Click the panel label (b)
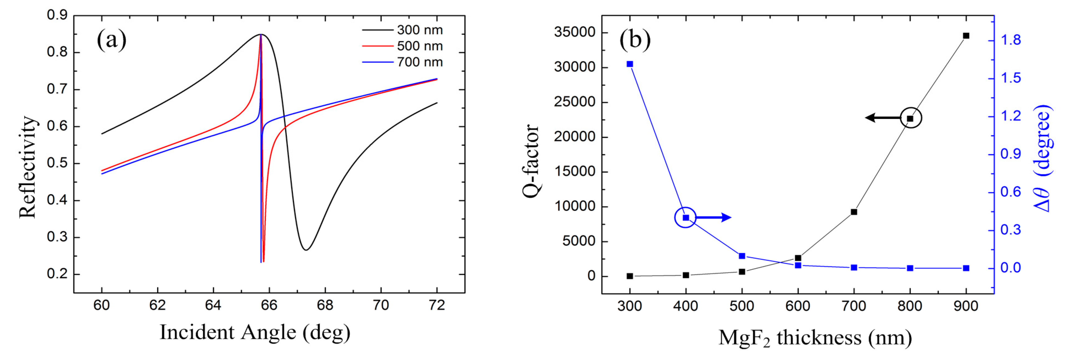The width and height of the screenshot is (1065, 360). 635,40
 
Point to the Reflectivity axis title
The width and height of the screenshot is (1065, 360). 27,167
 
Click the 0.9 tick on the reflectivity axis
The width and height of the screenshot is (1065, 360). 57,15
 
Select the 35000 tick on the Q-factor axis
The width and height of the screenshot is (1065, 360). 575,32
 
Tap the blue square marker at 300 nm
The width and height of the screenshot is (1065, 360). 630,64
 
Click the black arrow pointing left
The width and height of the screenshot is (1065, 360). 883,118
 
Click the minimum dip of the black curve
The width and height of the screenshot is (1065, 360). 306,250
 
